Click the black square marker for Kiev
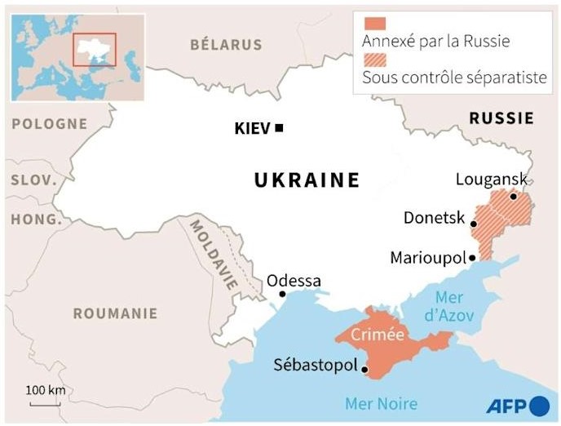pyautogui.click(x=279, y=127)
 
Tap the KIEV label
pyautogui.click(x=251, y=128)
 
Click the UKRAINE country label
pyautogui.click(x=307, y=180)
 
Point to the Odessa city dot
pyautogui.click(x=282, y=294)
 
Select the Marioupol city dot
pyautogui.click(x=472, y=257)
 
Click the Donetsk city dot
pyautogui.click(x=473, y=223)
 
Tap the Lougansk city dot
pyautogui.click(x=513, y=196)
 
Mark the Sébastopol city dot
pyautogui.click(x=364, y=369)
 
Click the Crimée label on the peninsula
pyautogui.click(x=378, y=335)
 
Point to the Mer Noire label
pyautogui.click(x=381, y=403)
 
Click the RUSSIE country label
pyautogui.click(x=501, y=118)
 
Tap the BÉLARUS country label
pyautogui.click(x=226, y=45)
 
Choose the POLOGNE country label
pyautogui.click(x=49, y=123)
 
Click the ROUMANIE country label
pyautogui.click(x=115, y=313)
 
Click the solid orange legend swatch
pyautogui.click(x=374, y=23)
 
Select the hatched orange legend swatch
pyautogui.click(x=374, y=60)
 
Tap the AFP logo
pyautogui.click(x=518, y=405)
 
